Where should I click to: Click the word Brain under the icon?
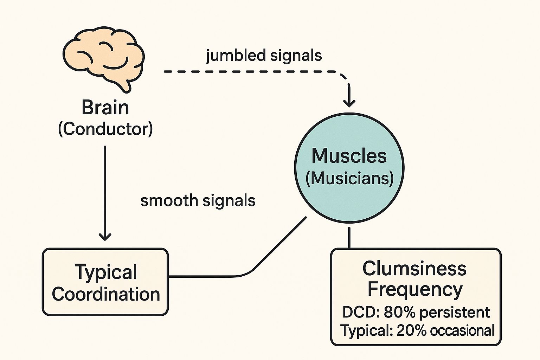click(x=105, y=108)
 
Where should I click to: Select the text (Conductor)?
click(x=105, y=129)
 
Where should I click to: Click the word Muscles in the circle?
click(x=349, y=156)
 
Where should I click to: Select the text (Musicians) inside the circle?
click(x=349, y=178)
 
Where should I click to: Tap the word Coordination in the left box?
click(x=106, y=294)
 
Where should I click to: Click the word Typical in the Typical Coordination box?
click(x=106, y=272)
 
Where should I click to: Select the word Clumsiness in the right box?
click(x=414, y=269)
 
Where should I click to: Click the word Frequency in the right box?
click(x=415, y=290)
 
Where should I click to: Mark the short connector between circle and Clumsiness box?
click(x=349, y=238)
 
